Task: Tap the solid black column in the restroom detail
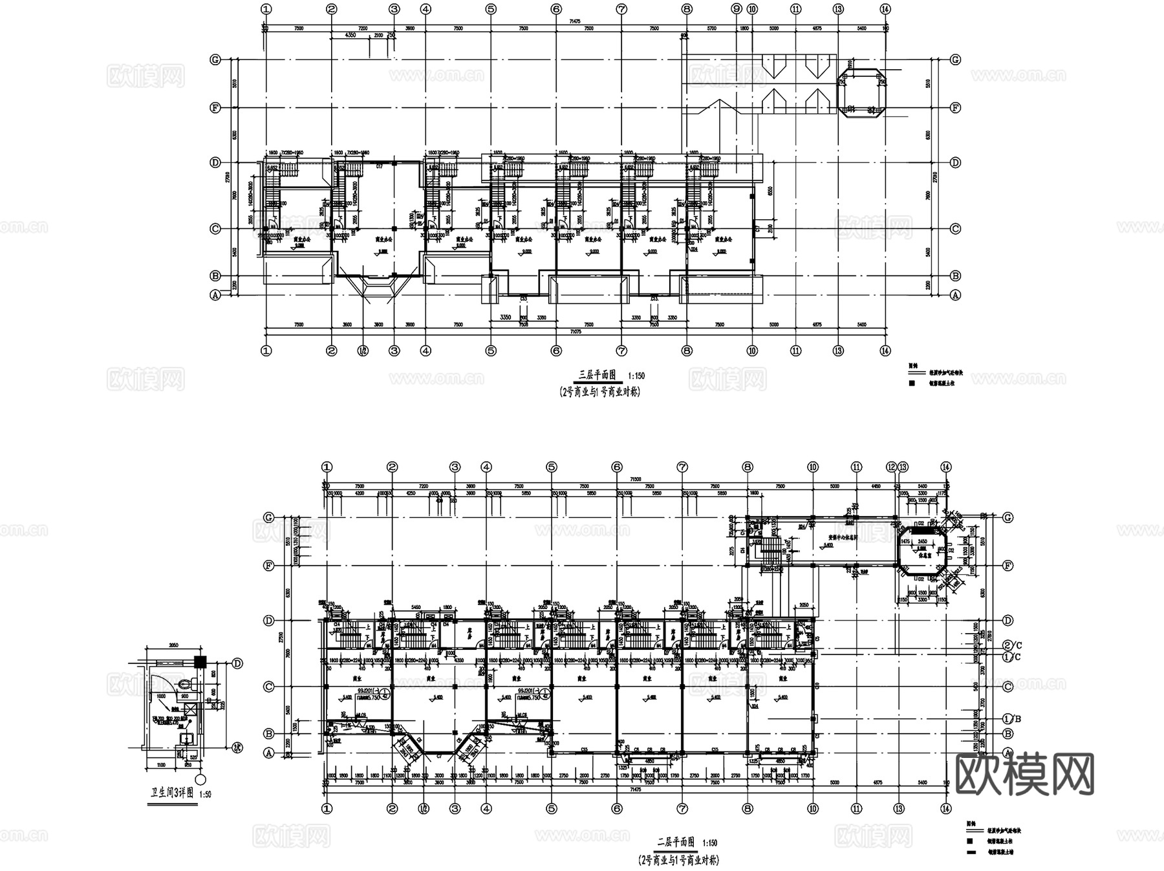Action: [x=200, y=662]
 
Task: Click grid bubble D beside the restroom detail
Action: [x=237, y=663]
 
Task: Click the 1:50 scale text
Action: [x=205, y=795]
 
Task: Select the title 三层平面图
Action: [x=598, y=375]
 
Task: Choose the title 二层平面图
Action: [x=676, y=843]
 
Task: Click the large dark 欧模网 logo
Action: [x=1024, y=774]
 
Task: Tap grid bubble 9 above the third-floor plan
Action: [x=737, y=9]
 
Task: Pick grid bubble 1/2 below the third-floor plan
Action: [x=363, y=351]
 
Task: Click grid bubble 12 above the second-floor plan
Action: [x=892, y=467]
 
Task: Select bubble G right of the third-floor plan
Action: [x=955, y=59]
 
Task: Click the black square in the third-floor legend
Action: [x=912, y=383]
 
